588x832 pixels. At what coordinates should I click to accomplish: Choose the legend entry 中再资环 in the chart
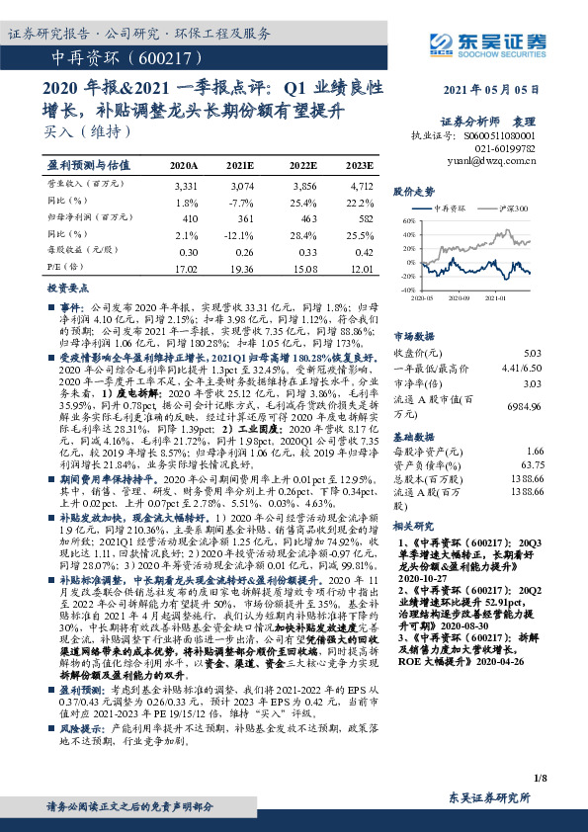451,208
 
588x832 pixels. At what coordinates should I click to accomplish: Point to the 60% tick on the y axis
409,222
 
